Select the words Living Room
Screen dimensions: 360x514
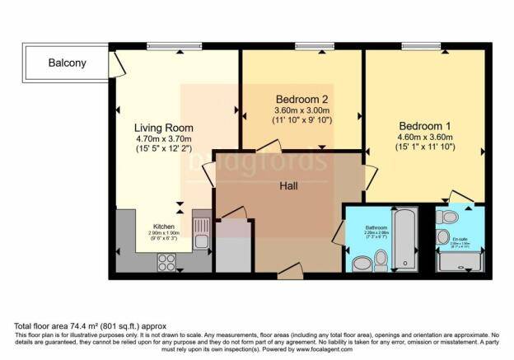pos(164,128)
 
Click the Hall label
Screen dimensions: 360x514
pos(288,186)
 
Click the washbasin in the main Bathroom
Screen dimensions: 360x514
pos(360,264)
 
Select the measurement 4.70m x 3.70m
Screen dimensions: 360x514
pos(164,140)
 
